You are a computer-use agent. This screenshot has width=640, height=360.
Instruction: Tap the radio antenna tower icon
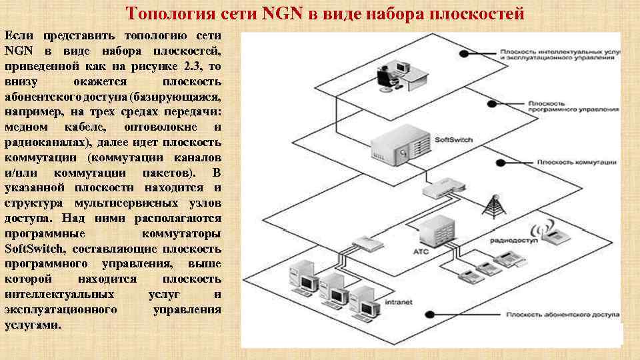[x=494, y=207]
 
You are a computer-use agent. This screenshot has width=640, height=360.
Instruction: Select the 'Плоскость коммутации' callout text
[x=567, y=162]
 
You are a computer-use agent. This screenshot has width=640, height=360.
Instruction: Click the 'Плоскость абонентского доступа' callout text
[x=563, y=313]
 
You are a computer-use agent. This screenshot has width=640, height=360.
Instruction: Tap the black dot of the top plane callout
[x=465, y=53]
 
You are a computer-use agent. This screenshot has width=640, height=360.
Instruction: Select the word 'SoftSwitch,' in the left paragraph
[x=38, y=249]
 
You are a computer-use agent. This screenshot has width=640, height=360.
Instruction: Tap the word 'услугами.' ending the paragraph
[x=33, y=325]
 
